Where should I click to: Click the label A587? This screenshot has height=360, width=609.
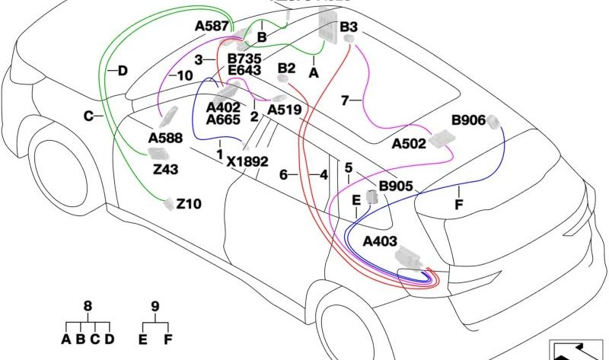(x=212, y=26)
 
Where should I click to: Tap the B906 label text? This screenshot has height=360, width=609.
(x=469, y=119)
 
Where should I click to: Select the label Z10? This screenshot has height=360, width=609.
(x=189, y=204)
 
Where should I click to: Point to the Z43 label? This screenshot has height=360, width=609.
(x=166, y=169)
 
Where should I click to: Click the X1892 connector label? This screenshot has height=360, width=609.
(x=247, y=161)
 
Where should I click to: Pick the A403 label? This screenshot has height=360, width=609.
(x=380, y=242)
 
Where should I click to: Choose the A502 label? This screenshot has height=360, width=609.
(x=409, y=143)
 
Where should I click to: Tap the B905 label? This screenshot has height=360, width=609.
(x=395, y=185)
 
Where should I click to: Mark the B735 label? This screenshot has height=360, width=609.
(x=244, y=58)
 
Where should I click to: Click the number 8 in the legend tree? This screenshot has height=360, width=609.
(x=88, y=307)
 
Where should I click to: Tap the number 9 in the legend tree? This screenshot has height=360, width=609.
(x=155, y=307)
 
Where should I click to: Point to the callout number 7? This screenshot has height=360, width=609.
(x=345, y=100)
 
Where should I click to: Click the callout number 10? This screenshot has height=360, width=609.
(x=185, y=75)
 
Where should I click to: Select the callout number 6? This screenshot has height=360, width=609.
(x=284, y=175)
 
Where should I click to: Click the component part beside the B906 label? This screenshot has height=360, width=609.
(x=494, y=123)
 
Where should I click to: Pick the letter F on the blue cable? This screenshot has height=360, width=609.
(x=458, y=204)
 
